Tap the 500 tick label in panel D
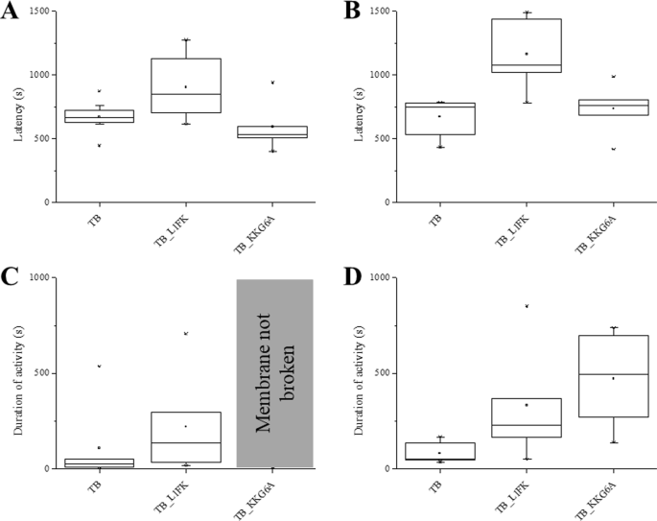tap(381, 373)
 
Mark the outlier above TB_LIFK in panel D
tap(526, 306)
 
